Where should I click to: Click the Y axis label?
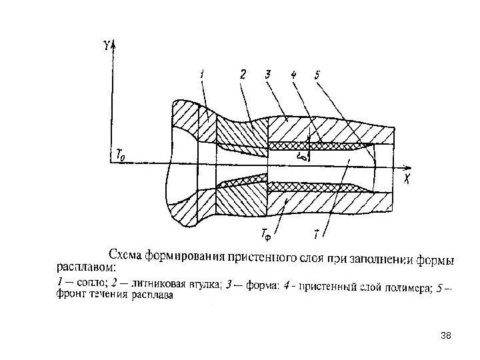(107, 46)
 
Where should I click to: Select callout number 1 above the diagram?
(203, 75)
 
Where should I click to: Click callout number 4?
(294, 75)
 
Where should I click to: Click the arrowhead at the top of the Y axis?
(114, 43)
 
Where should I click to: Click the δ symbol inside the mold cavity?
(304, 157)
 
